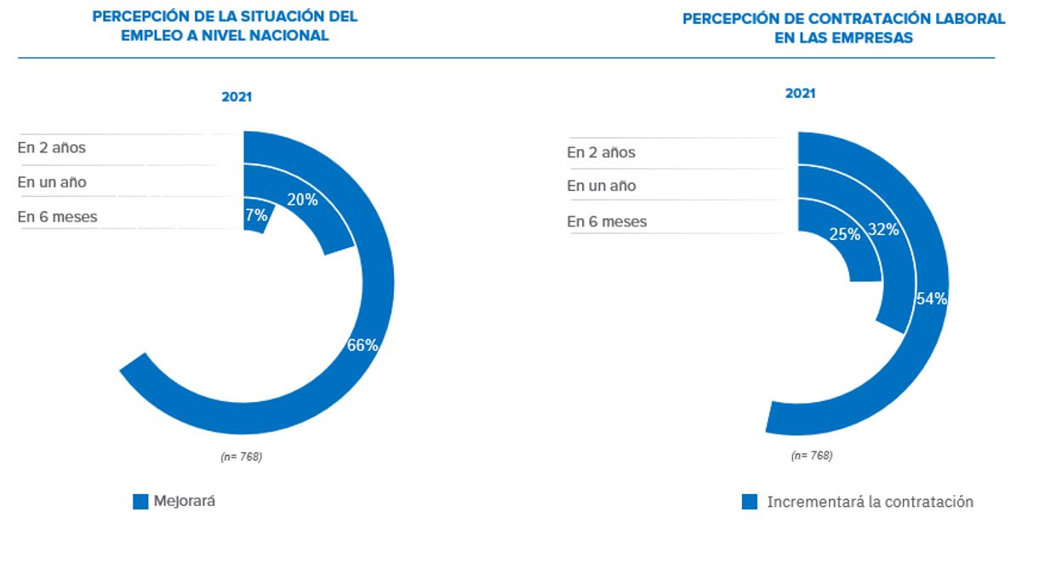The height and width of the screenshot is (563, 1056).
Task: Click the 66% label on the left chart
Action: click(x=362, y=345)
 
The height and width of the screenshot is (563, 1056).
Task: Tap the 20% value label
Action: click(x=302, y=199)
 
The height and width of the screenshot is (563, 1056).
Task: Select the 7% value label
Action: click(x=256, y=215)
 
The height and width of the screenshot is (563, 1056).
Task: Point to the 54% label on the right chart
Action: click(x=932, y=298)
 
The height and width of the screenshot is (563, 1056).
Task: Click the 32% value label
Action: click(x=883, y=228)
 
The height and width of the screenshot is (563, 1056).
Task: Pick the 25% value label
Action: click(x=844, y=233)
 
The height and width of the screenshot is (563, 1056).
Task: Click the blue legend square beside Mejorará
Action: click(x=140, y=502)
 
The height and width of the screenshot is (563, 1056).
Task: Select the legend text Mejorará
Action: click(x=185, y=501)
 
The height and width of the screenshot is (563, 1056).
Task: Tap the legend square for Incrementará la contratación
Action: click(x=750, y=502)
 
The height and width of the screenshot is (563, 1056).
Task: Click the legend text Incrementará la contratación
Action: click(x=870, y=502)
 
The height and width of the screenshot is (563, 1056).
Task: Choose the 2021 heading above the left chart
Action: click(x=237, y=97)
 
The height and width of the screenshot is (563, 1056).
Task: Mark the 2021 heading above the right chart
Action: click(x=800, y=94)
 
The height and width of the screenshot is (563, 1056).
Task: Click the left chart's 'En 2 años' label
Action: click(x=52, y=147)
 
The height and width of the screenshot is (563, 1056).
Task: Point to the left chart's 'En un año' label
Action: click(x=52, y=182)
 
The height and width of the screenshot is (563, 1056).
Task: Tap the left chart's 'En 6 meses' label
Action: click(x=57, y=216)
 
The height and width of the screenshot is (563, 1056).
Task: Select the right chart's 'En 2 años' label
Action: click(x=602, y=152)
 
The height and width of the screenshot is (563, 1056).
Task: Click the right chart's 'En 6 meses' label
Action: click(x=607, y=221)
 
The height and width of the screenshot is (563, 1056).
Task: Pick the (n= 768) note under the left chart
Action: click(x=241, y=457)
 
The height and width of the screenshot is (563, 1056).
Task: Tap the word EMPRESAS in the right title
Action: click(x=880, y=37)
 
